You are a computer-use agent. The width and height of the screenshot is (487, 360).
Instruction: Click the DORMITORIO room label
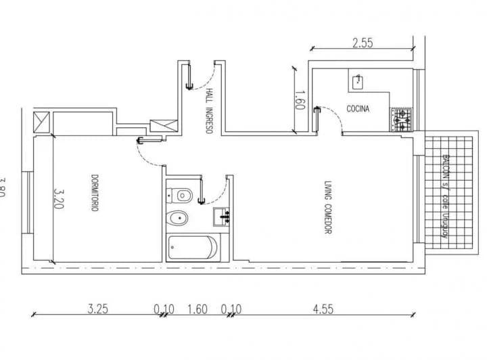click(95, 195)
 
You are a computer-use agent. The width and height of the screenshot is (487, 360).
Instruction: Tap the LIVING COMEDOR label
click(327, 207)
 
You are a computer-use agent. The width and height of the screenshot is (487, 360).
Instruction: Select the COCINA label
click(357, 108)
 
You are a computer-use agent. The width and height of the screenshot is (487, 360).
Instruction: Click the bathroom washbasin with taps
click(222, 217)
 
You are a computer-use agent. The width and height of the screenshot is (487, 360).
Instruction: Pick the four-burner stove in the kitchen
click(401, 120)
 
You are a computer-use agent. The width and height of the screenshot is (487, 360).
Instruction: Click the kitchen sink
click(358, 83)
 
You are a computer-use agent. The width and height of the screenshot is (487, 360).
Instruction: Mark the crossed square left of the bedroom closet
click(42, 122)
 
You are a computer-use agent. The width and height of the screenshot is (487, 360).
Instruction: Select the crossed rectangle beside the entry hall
click(163, 125)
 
